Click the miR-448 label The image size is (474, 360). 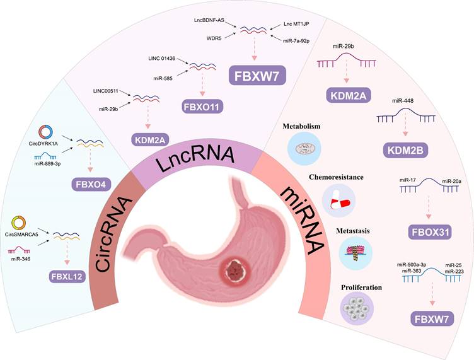click(403, 100)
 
